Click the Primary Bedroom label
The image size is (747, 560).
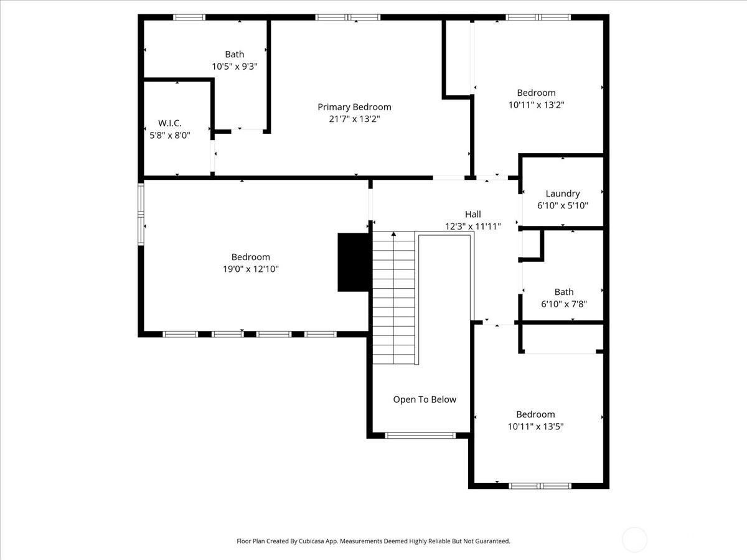click(x=354, y=107)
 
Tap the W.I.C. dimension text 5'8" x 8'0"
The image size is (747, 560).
click(x=170, y=135)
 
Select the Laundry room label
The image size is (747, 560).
click(x=563, y=194)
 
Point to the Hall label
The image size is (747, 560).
click(x=473, y=214)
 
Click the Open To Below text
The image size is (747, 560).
click(x=425, y=399)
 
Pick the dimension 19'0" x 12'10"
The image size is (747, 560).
click(x=251, y=269)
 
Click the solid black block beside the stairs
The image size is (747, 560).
click(x=353, y=262)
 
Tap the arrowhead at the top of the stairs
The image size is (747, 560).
click(x=394, y=234)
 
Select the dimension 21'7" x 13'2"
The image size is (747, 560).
click(x=354, y=119)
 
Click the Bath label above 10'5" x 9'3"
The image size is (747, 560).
click(x=235, y=54)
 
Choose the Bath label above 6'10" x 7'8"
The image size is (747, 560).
click(x=564, y=292)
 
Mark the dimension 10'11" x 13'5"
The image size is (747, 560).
click(x=536, y=426)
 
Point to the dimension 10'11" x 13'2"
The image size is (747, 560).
click(x=537, y=105)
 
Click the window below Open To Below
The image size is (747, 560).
click(x=420, y=436)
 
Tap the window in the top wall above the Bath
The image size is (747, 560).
click(x=189, y=17)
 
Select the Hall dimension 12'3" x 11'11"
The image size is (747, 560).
click(x=473, y=226)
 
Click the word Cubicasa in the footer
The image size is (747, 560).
click(x=311, y=541)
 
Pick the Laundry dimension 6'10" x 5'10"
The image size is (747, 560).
click(x=563, y=205)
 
